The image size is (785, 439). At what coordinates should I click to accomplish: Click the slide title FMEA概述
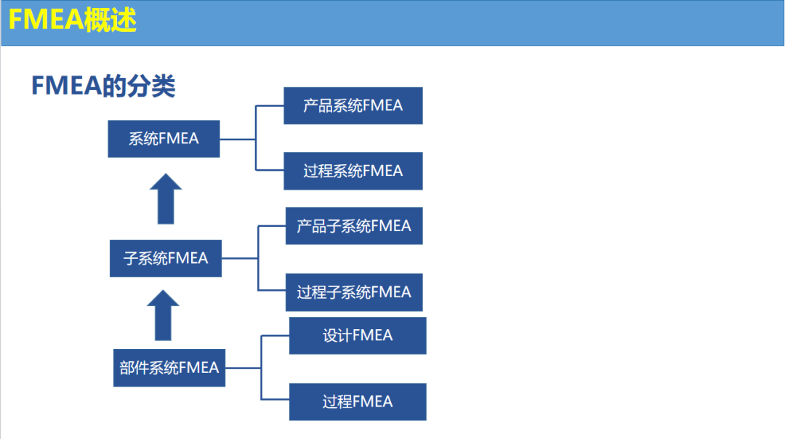click(73, 20)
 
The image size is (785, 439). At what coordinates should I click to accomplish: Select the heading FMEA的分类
click(103, 86)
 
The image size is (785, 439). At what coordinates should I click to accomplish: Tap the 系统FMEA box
click(164, 139)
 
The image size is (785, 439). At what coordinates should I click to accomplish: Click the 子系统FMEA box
click(166, 258)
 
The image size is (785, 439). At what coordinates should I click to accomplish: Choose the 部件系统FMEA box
click(169, 368)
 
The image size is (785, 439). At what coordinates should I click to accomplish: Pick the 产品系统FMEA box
click(353, 105)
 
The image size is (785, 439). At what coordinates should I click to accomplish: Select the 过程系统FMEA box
click(353, 171)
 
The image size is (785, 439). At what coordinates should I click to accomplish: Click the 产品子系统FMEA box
click(353, 226)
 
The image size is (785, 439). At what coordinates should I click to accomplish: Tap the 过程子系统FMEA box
click(353, 292)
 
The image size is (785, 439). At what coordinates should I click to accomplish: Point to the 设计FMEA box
click(358, 336)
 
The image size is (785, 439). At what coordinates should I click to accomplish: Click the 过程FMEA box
click(358, 401)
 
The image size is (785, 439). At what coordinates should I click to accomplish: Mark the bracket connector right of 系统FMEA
click(256, 138)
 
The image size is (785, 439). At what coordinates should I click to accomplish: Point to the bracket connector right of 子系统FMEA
click(258, 258)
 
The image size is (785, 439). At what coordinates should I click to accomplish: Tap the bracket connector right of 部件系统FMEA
click(261, 368)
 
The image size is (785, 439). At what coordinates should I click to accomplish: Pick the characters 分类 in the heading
click(152, 86)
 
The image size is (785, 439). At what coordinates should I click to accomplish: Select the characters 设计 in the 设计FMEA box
click(337, 336)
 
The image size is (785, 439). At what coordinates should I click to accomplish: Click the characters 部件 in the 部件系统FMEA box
click(134, 368)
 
